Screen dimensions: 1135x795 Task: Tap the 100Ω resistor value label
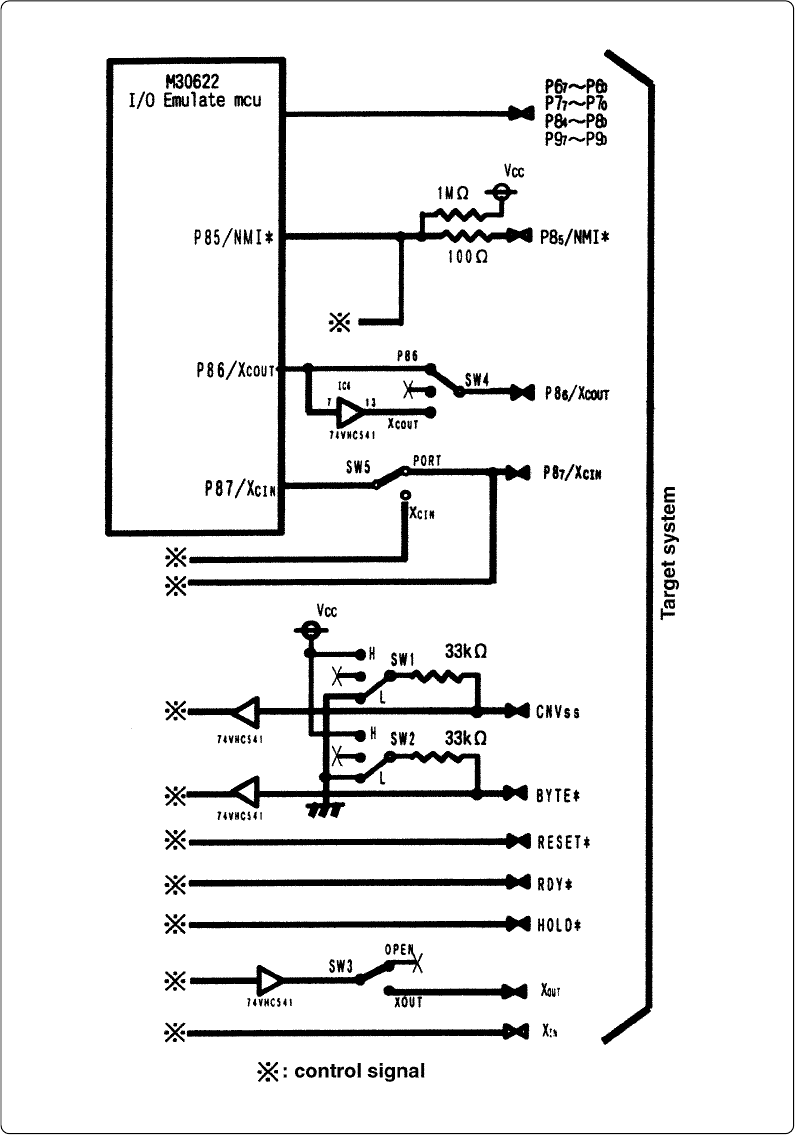[467, 257]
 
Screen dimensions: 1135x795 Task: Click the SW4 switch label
[477, 380]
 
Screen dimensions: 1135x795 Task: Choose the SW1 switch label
[402, 660]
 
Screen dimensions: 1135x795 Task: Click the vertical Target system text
[669, 553]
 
